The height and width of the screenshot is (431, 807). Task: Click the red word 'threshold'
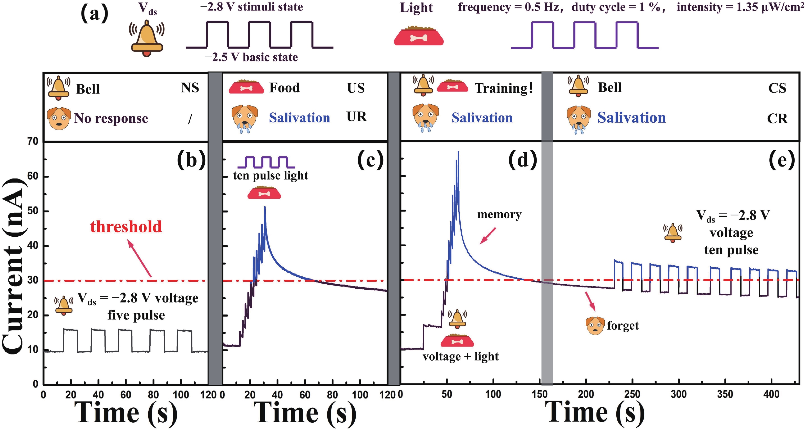[x=126, y=227]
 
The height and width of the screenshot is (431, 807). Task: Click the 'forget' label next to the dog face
[x=623, y=325]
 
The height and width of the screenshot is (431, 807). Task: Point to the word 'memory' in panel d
[x=499, y=215]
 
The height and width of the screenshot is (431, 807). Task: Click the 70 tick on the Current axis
[x=33, y=142]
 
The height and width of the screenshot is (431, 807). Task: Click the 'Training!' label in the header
[x=504, y=88]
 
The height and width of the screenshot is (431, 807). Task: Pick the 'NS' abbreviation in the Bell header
[x=190, y=88]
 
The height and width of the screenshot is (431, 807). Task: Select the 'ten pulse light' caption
[x=270, y=175]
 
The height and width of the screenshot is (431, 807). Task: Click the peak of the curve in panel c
[x=265, y=207]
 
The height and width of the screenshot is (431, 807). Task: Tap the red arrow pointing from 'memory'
[x=488, y=236]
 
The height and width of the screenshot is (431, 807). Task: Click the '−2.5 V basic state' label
[x=251, y=57]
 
